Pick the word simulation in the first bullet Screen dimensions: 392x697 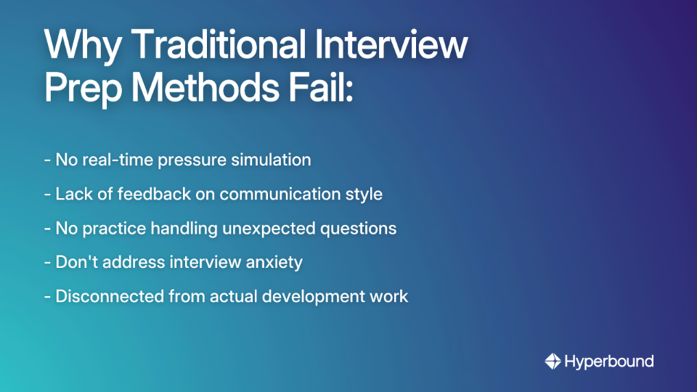274,160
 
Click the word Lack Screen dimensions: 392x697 72,195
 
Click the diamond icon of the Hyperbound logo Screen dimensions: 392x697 553,361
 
